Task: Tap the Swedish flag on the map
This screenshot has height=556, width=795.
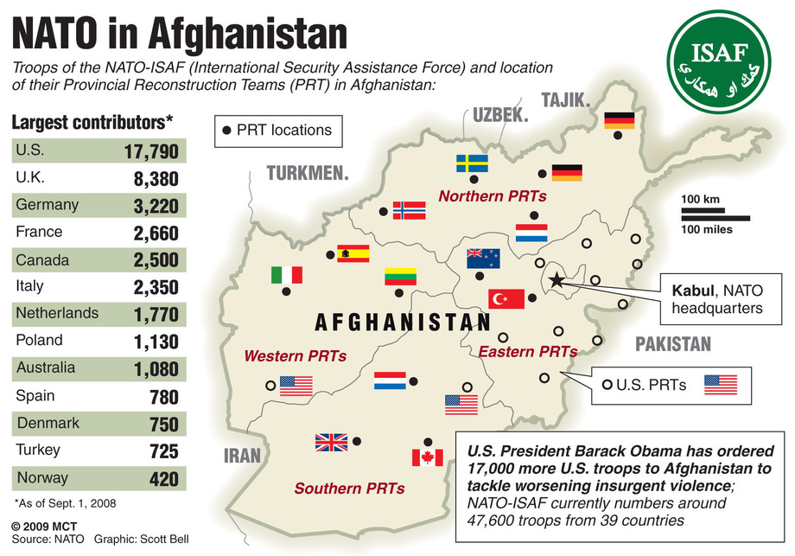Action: [471, 163]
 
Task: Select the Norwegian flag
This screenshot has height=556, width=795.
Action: [409, 210]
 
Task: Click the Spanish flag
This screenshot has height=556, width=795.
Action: [353, 253]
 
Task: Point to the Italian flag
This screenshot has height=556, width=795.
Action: [286, 275]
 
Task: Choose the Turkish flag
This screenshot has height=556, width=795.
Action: [506, 298]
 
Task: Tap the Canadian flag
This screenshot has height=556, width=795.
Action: [427, 457]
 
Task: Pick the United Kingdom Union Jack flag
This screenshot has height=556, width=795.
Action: [330, 443]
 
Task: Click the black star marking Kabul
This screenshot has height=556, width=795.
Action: [556, 279]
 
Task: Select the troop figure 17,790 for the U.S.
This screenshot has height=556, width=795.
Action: [150, 152]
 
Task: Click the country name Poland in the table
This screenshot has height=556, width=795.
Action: [39, 340]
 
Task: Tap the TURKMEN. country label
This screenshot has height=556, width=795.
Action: [308, 173]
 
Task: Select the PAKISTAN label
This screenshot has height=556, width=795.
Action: [673, 345]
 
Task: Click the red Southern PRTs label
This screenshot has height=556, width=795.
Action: [349, 489]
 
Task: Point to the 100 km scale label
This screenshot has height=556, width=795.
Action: [701, 201]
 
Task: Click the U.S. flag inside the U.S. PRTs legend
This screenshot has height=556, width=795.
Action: [720, 385]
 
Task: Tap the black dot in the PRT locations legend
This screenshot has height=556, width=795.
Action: [227, 131]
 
